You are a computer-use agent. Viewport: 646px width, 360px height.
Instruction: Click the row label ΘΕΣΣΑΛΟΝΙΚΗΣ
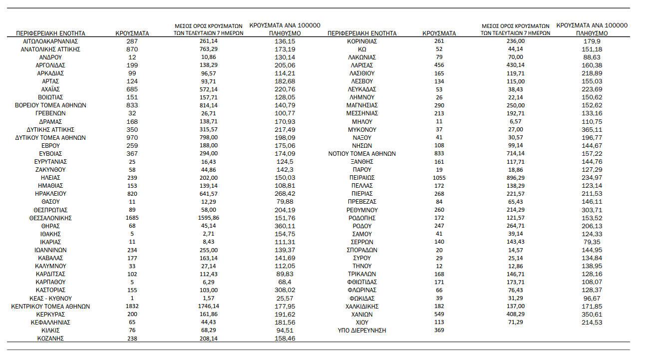(50, 218)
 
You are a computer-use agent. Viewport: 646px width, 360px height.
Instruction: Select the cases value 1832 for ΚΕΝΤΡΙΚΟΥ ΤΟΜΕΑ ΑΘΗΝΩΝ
(132, 306)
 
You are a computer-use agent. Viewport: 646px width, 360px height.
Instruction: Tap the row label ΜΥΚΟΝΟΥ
(362, 129)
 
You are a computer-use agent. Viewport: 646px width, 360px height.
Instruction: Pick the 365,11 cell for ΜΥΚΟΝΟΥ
(592, 129)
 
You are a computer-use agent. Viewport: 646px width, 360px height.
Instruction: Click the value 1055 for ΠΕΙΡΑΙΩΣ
(439, 177)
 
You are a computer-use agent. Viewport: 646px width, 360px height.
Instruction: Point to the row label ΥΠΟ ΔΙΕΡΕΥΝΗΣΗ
(362, 330)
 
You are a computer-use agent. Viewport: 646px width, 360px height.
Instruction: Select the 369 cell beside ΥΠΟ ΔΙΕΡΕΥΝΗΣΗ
(439, 330)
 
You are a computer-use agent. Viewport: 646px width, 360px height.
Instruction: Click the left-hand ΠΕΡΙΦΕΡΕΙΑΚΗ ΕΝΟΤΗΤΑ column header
(50, 33)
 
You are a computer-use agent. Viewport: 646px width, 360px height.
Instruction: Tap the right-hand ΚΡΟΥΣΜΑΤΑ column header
(439, 33)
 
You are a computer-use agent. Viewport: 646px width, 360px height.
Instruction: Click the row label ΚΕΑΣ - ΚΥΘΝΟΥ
(50, 298)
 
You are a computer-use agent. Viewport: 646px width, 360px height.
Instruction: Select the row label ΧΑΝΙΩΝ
(362, 314)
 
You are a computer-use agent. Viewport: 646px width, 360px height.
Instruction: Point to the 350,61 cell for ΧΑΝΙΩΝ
(592, 314)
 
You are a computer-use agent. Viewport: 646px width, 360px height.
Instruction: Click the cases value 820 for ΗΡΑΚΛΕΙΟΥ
(132, 193)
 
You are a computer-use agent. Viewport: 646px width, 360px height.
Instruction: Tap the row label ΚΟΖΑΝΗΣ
(50, 338)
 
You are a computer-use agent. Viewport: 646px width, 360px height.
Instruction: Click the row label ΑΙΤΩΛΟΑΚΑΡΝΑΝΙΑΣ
(50, 41)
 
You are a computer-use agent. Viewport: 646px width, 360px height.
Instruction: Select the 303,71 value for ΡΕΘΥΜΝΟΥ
(592, 210)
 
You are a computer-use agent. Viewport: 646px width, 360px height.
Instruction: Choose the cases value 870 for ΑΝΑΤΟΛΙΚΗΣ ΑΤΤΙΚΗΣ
(132, 49)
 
